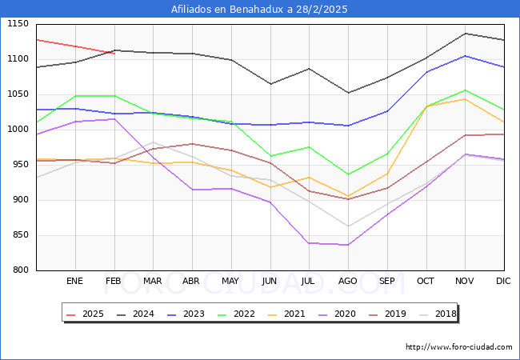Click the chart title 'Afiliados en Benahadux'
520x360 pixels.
click(259, 10)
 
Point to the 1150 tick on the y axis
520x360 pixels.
click(18, 24)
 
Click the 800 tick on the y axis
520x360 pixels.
click(20, 270)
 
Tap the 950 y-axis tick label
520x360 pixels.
click(20, 165)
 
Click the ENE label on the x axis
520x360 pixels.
click(74, 282)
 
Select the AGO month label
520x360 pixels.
click(348, 282)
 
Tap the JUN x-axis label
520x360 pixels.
click(270, 282)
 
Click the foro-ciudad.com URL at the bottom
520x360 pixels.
click(458, 347)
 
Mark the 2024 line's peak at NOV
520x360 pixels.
click(466, 34)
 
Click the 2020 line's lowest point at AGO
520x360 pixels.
click(348, 245)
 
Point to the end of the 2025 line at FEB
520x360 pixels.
click(114, 54)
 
